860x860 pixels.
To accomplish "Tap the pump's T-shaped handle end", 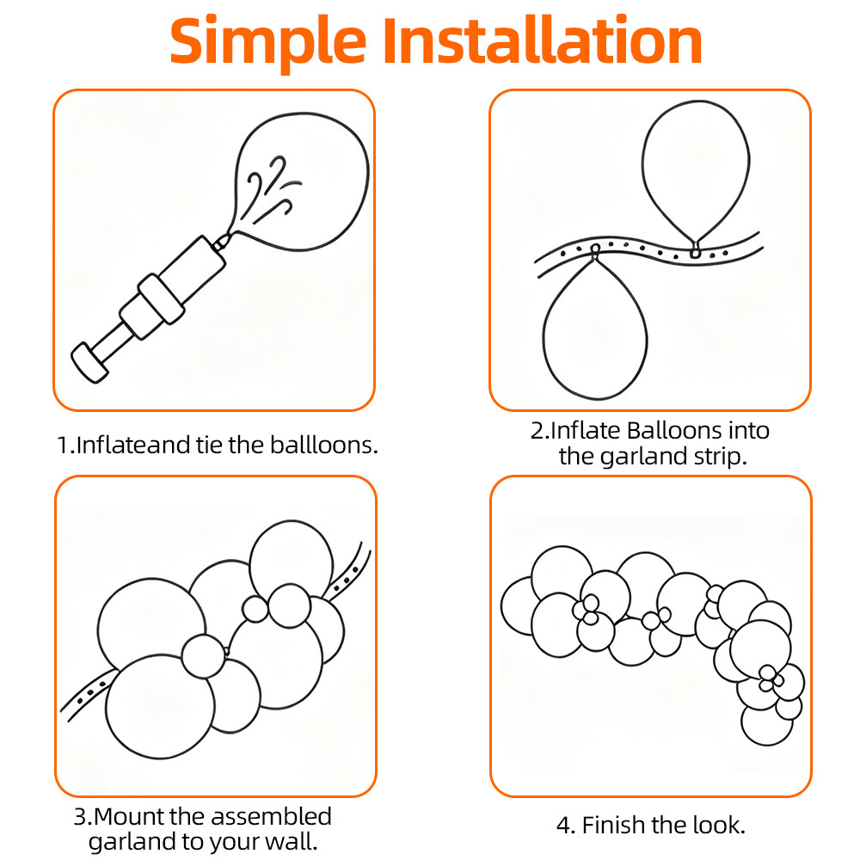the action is (x=89, y=363).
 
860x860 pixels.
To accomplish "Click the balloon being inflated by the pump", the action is (x=300, y=181).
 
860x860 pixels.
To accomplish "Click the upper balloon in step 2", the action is (x=696, y=171).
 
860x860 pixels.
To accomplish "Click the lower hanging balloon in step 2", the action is (x=596, y=329).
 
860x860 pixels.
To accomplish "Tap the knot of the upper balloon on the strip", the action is (x=696, y=250).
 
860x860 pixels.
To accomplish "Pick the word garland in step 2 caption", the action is (x=643, y=457).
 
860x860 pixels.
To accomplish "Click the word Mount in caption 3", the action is (x=130, y=817).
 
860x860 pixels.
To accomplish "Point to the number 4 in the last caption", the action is (x=563, y=826).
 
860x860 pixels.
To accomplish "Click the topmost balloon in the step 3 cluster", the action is (x=292, y=560).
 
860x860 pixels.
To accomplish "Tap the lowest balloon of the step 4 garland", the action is (x=767, y=725).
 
